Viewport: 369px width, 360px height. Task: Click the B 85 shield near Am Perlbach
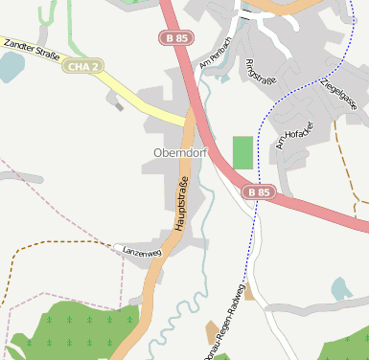173,36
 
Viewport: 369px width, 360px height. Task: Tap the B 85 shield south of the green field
258,192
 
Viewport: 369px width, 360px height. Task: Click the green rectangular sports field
243,152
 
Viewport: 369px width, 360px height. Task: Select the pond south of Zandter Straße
10,66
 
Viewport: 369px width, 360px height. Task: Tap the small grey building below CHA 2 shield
118,104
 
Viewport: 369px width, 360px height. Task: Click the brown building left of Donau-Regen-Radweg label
249,292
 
